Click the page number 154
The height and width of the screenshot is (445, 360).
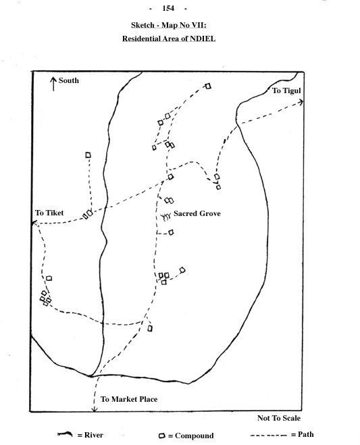[x=168, y=8]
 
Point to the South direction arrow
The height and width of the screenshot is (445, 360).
[x=53, y=84]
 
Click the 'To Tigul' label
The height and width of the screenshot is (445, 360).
[x=286, y=90]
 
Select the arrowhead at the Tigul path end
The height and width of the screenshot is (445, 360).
[x=301, y=102]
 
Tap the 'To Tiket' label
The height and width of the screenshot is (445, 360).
[x=49, y=213]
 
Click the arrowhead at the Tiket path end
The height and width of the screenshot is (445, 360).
[x=35, y=224]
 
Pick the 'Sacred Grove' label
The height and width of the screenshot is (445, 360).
[x=197, y=213]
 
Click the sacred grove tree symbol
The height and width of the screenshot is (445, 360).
[x=165, y=217]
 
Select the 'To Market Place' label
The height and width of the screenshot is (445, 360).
[x=129, y=399]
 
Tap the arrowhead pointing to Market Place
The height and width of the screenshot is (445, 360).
[x=95, y=409]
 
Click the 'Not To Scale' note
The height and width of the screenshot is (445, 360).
[x=279, y=418]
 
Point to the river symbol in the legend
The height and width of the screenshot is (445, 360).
[x=65, y=434]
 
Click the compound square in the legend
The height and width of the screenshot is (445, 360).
[x=162, y=436]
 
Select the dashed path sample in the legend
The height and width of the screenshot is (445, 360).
[x=269, y=436]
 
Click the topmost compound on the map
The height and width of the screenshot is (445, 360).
[x=208, y=86]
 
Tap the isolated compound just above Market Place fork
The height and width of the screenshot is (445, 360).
[x=150, y=328]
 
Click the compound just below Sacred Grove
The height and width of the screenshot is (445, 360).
[x=171, y=232]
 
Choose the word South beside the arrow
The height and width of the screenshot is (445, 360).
[x=69, y=80]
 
